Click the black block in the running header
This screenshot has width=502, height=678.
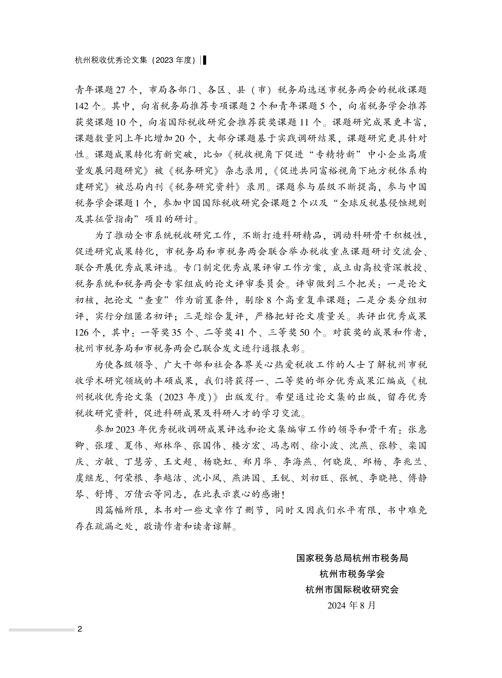[204, 60]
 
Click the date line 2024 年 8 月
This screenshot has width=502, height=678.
[352, 605]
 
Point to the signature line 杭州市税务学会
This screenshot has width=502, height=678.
[352, 574]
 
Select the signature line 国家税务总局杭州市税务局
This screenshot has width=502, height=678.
[352, 558]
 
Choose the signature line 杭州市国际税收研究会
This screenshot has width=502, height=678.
[352, 590]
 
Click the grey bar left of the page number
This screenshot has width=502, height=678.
[42, 630]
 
